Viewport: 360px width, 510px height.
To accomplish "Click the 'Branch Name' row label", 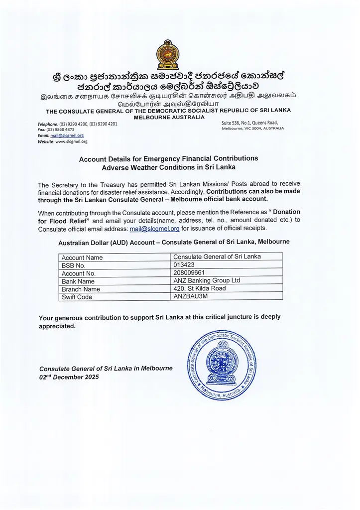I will [80, 289].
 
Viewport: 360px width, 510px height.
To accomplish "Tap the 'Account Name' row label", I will [82, 257].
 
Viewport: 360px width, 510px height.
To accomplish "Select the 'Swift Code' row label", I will [77, 297].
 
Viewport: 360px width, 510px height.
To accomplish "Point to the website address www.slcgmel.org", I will [71, 141].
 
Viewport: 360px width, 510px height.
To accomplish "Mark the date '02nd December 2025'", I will [69, 377].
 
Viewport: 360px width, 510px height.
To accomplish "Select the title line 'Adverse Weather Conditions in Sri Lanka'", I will [169, 167].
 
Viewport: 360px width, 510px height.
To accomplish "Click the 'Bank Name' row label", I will [78, 281].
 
